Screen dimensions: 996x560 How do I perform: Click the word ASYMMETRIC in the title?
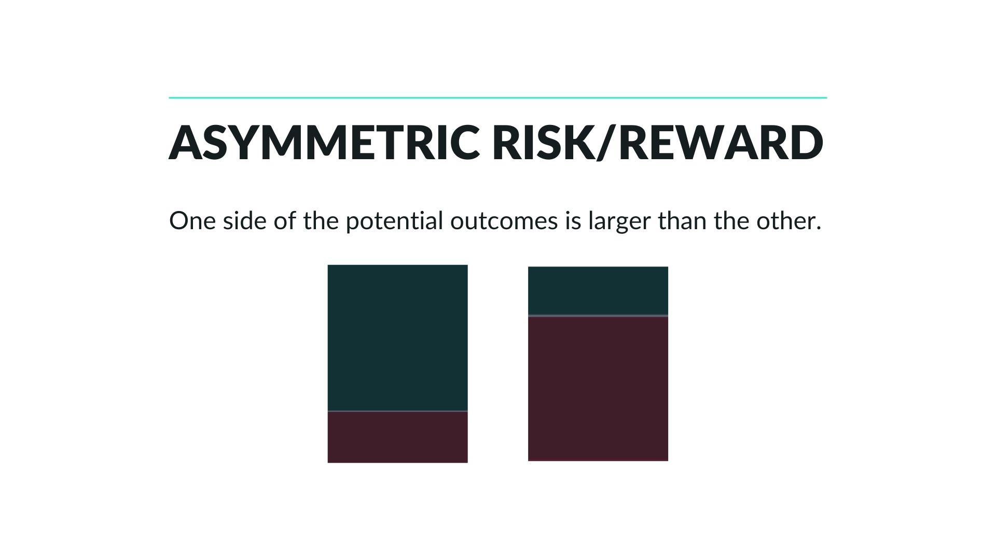[324, 142]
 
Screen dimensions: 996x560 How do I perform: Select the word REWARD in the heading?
[721, 142]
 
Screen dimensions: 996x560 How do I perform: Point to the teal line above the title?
[498, 97]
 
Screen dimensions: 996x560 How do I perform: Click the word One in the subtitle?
[192, 221]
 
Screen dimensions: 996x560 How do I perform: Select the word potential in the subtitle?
[394, 222]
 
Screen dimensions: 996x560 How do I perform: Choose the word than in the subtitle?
[682, 221]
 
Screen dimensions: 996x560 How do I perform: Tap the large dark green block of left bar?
[397, 338]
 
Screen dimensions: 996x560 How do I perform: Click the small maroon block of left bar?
[397, 437]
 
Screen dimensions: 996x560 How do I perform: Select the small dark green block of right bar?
[598, 291]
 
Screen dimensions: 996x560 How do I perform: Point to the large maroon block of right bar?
[598, 388]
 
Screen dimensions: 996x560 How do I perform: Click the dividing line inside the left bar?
[397, 411]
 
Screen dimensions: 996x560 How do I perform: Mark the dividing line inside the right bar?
[598, 315]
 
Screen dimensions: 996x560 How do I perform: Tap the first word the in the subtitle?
[321, 221]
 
